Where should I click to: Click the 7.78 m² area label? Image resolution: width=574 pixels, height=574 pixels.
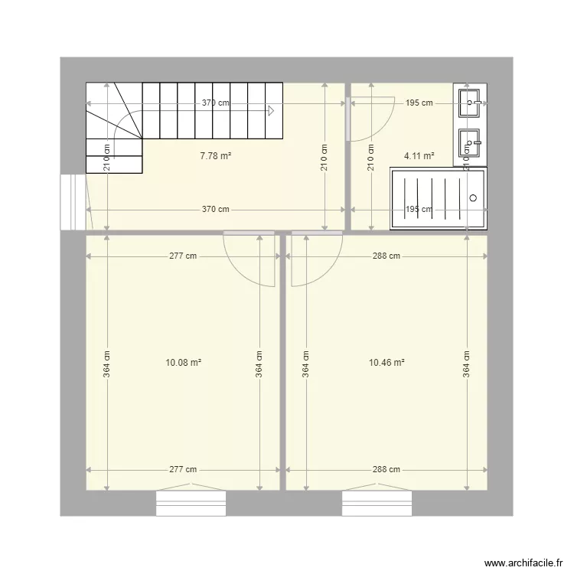[215, 156]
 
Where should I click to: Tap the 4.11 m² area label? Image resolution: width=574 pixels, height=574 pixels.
[419, 156]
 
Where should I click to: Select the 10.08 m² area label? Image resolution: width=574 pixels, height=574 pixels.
[183, 363]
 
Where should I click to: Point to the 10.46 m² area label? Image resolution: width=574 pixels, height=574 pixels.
[386, 363]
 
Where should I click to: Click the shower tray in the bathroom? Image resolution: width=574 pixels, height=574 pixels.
[438, 199]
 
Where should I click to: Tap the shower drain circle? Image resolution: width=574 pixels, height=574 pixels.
[473, 198]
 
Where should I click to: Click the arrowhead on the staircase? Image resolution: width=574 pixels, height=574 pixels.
[271, 110]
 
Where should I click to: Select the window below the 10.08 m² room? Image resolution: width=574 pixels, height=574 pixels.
[191, 504]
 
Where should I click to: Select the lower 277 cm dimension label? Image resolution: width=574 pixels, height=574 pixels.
[183, 470]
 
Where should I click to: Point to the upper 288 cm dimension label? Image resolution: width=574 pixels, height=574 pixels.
[386, 256]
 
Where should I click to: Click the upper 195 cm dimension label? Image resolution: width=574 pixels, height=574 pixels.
[419, 103]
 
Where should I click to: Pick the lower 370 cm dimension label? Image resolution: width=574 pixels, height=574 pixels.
[216, 209]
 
